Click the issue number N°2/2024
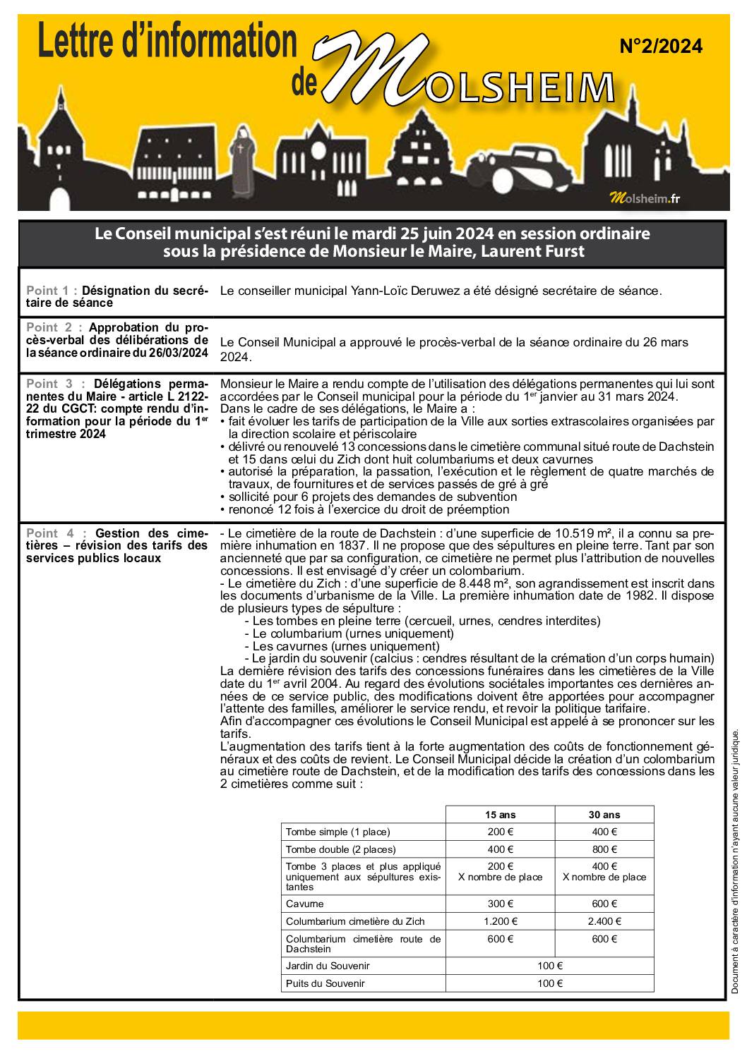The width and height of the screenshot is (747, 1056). [661, 47]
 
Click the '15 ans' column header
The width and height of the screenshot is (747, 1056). [500, 815]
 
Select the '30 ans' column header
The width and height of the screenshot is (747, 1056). [604, 815]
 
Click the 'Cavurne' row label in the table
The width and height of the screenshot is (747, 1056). [305, 904]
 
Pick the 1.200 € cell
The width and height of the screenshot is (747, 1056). [500, 921]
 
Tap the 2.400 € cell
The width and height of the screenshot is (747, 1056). [604, 921]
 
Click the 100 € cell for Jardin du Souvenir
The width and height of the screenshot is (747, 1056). [550, 966]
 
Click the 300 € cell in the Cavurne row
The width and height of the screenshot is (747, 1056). [500, 904]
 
